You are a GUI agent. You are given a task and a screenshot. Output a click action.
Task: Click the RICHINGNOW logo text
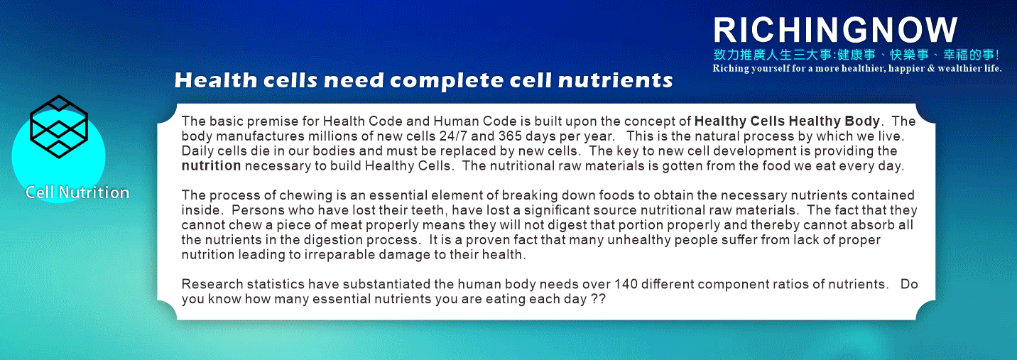tap(835, 30)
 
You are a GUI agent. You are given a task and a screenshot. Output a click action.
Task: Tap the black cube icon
tap(58, 126)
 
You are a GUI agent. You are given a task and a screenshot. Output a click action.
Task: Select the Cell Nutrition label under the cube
tap(77, 192)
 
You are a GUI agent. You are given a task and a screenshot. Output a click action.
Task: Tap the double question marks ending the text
tap(599, 299)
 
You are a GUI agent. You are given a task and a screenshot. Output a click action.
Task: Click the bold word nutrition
tap(211, 165)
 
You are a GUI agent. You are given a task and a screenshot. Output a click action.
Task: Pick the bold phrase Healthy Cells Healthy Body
tap(788, 121)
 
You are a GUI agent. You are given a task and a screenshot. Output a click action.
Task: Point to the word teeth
tap(428, 210)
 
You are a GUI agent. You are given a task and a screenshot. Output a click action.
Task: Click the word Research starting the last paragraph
tap(212, 284)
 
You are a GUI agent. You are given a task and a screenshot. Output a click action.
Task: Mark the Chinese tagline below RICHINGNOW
tap(856, 55)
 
